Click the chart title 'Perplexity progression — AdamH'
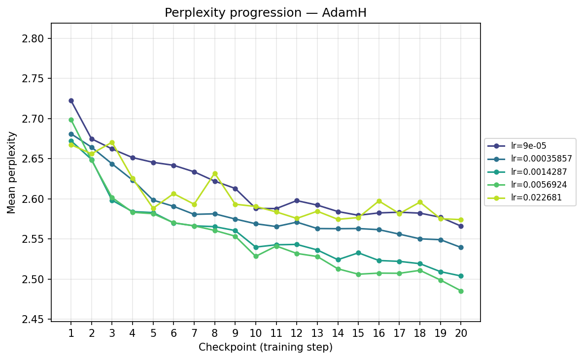(266, 13)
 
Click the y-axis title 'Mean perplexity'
(12, 172)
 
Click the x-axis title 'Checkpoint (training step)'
(266, 347)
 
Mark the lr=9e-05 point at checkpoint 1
(71, 100)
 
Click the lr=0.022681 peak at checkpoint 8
(215, 173)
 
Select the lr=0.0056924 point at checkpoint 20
(461, 291)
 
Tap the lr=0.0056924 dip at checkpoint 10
(256, 256)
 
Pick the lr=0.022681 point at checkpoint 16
(379, 201)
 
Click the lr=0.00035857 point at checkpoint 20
(461, 247)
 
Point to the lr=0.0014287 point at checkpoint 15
(358, 253)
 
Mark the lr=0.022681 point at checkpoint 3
(112, 142)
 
